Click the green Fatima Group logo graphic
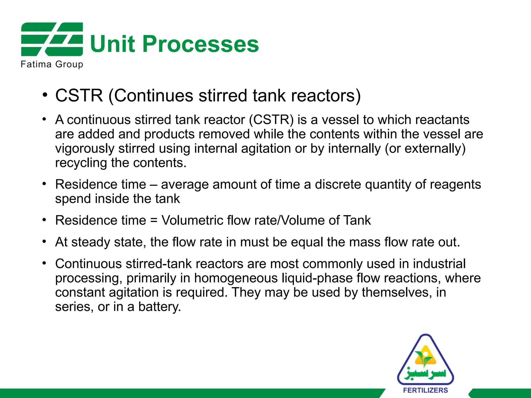52,39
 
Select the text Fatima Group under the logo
52,64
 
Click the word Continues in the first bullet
153,96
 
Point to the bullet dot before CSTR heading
45,95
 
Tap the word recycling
81,163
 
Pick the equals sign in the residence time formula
154,221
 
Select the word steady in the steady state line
90,242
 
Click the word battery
159,307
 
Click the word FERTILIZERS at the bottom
425,390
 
